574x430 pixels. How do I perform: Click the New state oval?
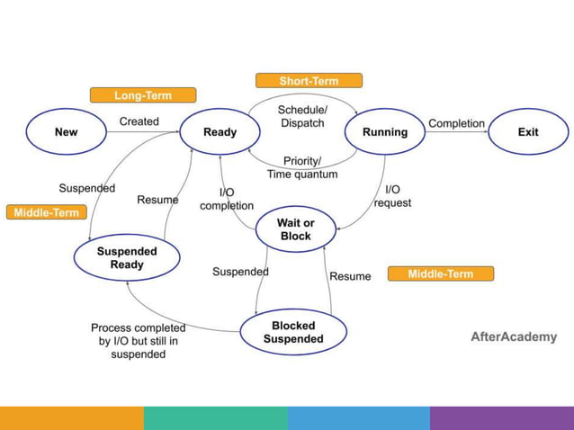coord(67,132)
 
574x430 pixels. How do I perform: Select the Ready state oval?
coord(220,132)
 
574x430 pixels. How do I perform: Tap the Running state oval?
coord(385,132)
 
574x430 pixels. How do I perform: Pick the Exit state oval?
coord(528,132)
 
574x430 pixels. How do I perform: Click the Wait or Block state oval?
coord(295,229)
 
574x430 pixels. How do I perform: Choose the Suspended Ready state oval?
coord(127,258)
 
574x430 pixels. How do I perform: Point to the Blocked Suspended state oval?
coord(293,332)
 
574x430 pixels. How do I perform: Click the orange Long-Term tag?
coord(143,95)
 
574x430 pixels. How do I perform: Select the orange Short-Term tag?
coord(309,81)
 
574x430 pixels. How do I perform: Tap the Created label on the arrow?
coord(139,121)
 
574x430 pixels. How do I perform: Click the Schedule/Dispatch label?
coord(302,116)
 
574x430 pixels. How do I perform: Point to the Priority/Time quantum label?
coord(302,167)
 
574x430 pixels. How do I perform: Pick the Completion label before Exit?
coord(456,123)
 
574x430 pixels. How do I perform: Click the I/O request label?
coord(392,196)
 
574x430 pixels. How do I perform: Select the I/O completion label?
coord(227,199)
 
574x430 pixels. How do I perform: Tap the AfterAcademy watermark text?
coord(514,337)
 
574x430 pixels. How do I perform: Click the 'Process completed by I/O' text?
coord(139,341)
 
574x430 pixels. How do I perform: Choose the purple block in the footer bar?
coord(502,418)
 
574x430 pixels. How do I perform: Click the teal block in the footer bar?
coord(215,418)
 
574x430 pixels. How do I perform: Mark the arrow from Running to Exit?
coord(456,133)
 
